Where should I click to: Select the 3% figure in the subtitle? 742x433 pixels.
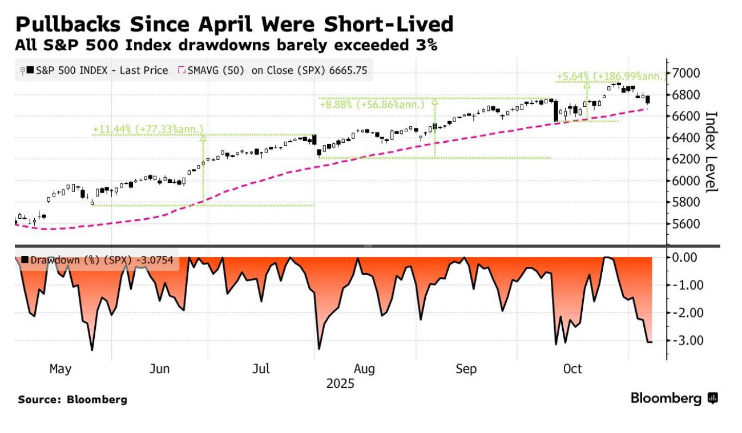tap(425, 46)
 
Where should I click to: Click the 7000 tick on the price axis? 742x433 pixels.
tap(687, 73)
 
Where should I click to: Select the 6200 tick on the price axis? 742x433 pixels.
tap(687, 159)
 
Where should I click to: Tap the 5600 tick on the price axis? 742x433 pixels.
tap(687, 223)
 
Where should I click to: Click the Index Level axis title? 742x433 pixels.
tap(711, 151)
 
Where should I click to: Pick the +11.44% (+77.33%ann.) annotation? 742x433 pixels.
tap(148, 130)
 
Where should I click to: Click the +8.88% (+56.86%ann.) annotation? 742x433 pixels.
tap(372, 105)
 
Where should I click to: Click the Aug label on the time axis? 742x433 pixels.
tap(364, 369)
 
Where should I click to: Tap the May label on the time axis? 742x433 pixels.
tap(61, 369)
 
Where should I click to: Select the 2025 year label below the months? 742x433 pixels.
tap(340, 383)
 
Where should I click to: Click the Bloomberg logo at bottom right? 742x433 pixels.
tap(674, 398)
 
